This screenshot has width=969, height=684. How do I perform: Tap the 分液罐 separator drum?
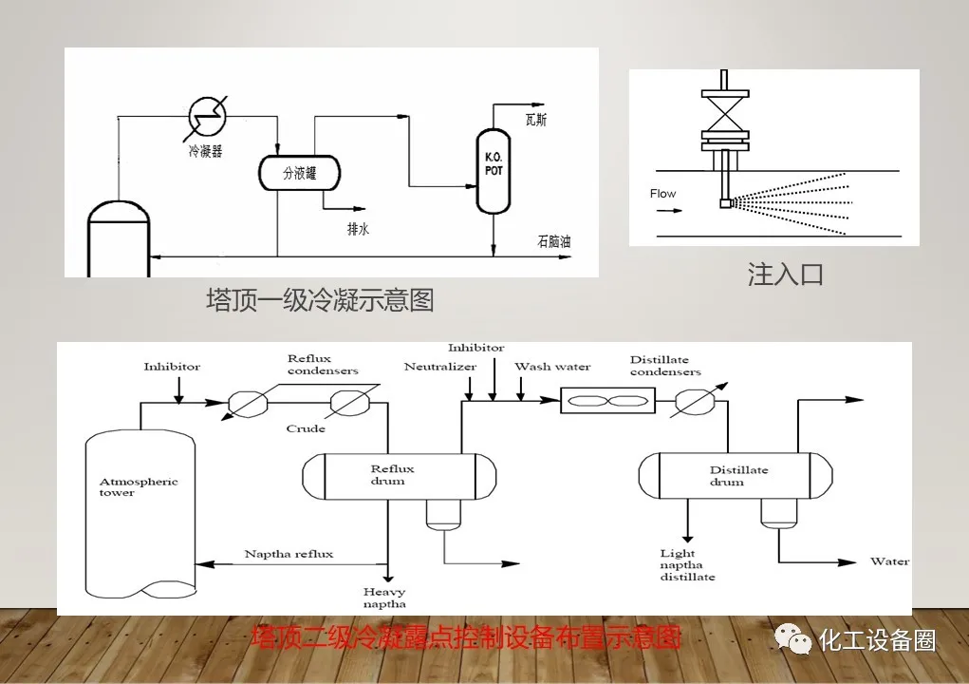coord(299,173)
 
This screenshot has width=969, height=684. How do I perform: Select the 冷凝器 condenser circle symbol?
coord(206,117)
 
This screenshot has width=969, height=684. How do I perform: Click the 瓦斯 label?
coord(536,120)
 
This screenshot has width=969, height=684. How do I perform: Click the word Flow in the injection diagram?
coord(662,194)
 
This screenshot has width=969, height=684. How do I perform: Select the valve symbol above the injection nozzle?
coord(725,112)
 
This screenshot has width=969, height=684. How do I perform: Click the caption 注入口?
coord(785,275)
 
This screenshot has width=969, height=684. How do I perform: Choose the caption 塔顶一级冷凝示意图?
coord(320,300)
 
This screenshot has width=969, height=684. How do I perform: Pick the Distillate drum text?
coord(738,476)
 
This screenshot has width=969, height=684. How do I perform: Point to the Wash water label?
coord(551,367)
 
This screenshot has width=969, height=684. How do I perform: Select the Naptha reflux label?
coord(289,554)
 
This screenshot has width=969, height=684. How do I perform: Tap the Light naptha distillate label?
coord(687,565)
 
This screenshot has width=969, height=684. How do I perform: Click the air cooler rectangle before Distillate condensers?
coord(601,402)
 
